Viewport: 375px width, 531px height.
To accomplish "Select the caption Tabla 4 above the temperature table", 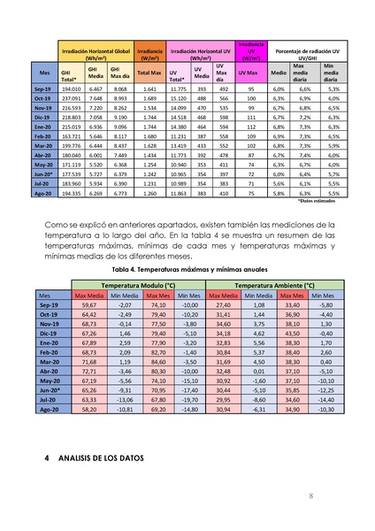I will [187, 269].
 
